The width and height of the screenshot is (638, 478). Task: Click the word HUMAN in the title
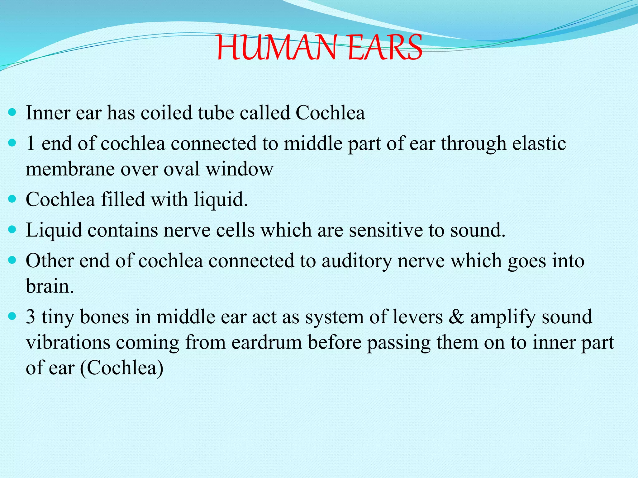point(277,48)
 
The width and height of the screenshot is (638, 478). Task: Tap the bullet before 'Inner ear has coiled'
point(12,112)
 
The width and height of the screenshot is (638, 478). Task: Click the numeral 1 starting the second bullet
point(31,143)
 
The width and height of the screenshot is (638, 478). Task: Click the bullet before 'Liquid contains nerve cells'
point(12,230)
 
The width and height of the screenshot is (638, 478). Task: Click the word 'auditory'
point(356,261)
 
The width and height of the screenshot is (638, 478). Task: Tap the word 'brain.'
point(50,286)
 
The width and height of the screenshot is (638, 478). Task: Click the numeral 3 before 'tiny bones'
point(31,317)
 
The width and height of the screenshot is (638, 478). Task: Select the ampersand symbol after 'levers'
point(456,317)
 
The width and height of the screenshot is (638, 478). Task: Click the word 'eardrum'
point(267,342)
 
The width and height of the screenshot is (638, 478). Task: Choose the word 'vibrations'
point(68,342)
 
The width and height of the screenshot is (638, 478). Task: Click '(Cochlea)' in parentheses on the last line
point(121,368)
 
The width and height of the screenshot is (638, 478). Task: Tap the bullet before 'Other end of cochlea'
point(12,261)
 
